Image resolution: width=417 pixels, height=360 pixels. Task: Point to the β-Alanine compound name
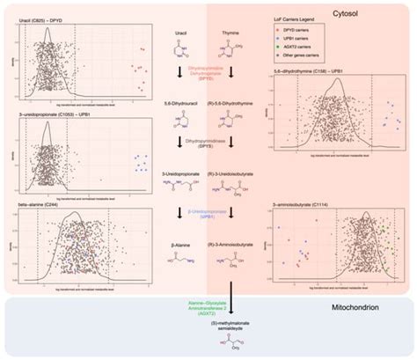(173, 239)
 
